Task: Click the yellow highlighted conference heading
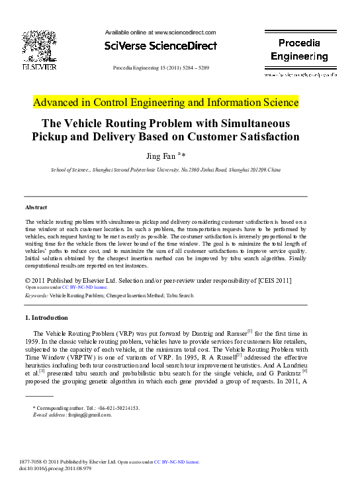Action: tap(166, 103)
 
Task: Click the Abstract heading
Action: tap(36, 208)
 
